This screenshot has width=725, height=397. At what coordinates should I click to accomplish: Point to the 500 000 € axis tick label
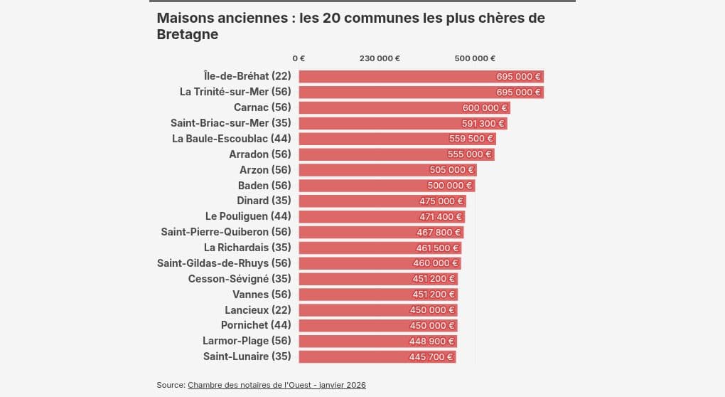(x=475, y=58)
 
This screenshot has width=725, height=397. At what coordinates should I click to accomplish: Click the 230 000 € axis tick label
(x=380, y=58)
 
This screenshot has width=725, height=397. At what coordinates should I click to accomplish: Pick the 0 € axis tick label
(x=299, y=58)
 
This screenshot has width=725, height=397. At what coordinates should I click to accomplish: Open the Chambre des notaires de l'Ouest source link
(x=276, y=385)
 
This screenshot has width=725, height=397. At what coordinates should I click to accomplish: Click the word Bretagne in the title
(x=187, y=34)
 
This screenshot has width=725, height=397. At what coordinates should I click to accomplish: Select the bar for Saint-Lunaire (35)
(x=377, y=356)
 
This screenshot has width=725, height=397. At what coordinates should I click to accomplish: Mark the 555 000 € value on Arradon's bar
(x=469, y=154)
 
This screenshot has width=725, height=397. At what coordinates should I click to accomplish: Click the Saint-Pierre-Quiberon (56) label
(x=226, y=232)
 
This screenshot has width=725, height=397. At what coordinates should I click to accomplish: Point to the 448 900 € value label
(x=431, y=341)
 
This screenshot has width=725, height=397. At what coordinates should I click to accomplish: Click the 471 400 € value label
(x=441, y=216)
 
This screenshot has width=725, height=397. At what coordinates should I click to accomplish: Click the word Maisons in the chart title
(x=185, y=18)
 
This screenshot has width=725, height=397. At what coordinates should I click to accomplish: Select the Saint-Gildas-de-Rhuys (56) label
(x=224, y=263)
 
